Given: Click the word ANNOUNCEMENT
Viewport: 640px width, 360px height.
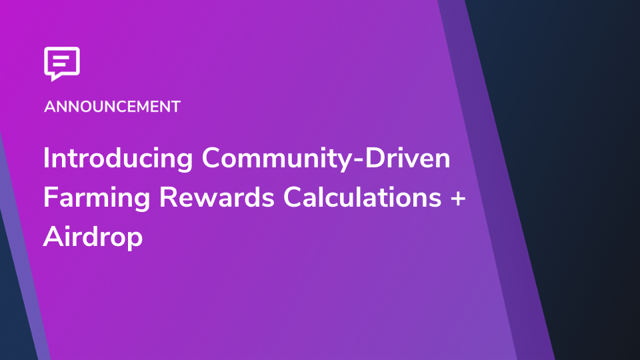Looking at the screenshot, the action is tap(112, 107).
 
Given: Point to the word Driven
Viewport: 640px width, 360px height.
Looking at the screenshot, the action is tap(407, 157).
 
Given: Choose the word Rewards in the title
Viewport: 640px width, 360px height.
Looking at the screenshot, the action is tap(216, 197).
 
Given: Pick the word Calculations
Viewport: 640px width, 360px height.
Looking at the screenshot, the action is tap(363, 197).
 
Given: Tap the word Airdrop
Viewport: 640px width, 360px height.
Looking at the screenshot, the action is tap(93, 237).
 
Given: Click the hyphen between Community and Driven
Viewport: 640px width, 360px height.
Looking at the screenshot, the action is tap(357, 160).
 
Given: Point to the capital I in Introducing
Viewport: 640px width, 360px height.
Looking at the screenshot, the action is tap(46, 157).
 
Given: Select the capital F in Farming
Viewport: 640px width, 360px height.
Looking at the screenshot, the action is tap(51, 197).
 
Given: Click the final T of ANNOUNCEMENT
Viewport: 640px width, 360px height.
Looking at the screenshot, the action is tap(175, 107).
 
